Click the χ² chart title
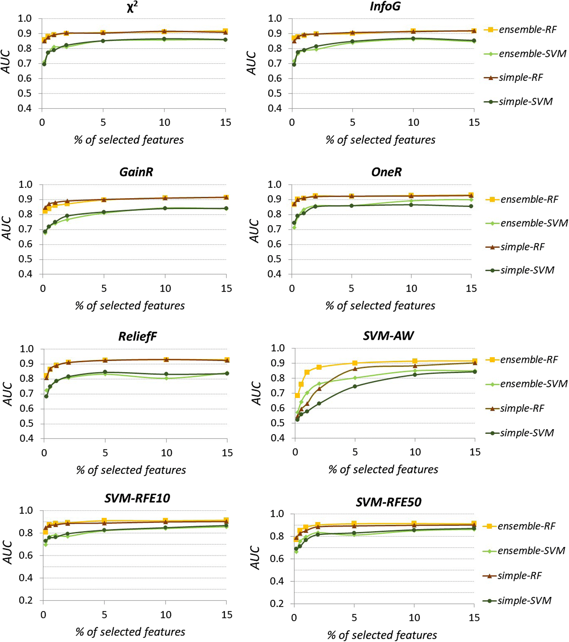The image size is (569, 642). (x=132, y=7)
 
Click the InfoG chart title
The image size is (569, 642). (x=385, y=6)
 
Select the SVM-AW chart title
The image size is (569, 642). (x=388, y=336)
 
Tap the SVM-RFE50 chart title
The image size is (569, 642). (x=388, y=502)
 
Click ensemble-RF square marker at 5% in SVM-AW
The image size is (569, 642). (x=355, y=363)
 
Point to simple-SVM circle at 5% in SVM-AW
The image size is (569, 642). (x=355, y=386)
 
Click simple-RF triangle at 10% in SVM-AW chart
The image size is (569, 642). (x=415, y=366)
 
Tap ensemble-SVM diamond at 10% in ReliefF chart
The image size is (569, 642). (x=166, y=378)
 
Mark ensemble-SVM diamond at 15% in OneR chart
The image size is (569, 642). (x=471, y=200)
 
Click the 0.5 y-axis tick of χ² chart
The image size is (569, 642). (x=25, y=93)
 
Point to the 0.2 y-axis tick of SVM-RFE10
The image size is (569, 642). (x=26, y=601)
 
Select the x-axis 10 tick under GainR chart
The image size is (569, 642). (x=165, y=289)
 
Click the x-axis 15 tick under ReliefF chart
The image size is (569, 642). (x=227, y=453)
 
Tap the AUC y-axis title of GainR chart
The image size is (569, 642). (x=7, y=228)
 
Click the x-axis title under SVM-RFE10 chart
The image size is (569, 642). (x=130, y=632)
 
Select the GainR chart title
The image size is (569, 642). (x=136, y=172)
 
